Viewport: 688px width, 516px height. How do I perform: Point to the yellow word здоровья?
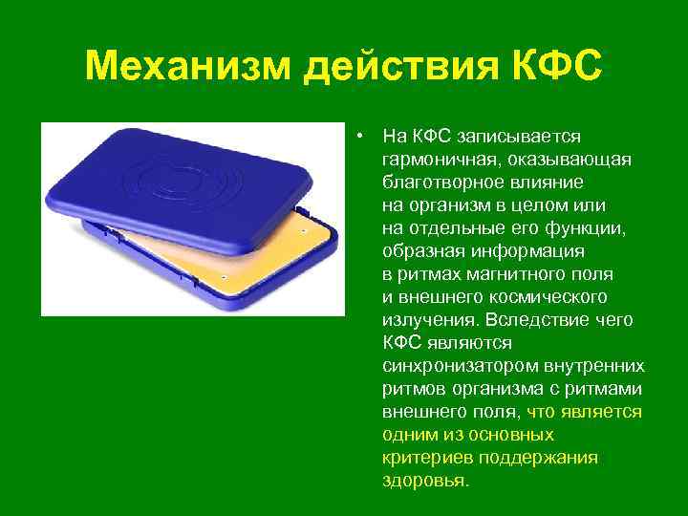point(424,481)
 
